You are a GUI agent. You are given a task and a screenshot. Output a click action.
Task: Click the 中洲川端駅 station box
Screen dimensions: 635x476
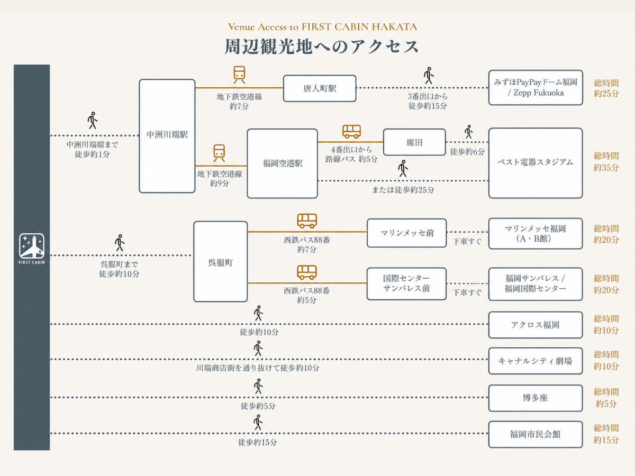(x=167, y=136)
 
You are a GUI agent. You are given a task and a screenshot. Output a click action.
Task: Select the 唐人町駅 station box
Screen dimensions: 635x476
(x=320, y=88)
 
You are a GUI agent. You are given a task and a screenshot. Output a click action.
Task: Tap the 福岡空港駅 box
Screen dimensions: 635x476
(x=283, y=163)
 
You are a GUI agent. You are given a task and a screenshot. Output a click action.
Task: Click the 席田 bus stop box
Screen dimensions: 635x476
(x=414, y=142)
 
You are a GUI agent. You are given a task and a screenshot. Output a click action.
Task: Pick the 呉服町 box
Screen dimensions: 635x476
(x=221, y=262)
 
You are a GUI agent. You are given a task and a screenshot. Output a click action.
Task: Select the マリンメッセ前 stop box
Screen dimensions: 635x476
(x=407, y=233)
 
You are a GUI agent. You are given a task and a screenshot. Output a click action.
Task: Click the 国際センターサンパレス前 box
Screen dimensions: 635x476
(x=406, y=284)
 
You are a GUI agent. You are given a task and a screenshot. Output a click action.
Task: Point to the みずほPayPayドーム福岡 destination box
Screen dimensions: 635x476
(x=536, y=88)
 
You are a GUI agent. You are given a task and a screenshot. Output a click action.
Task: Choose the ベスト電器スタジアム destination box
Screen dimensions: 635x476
(x=536, y=163)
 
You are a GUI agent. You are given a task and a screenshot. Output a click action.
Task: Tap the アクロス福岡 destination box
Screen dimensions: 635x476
(x=536, y=325)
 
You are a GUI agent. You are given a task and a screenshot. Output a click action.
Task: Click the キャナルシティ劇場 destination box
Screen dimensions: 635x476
(x=536, y=361)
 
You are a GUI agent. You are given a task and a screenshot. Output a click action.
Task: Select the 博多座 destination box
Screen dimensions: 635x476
(x=536, y=398)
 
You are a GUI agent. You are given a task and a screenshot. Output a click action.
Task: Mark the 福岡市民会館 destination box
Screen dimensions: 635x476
(x=536, y=434)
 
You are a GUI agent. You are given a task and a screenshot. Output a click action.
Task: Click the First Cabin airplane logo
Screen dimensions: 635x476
(x=32, y=246)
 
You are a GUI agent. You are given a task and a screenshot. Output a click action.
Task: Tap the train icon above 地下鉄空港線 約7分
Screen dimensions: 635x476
(x=239, y=75)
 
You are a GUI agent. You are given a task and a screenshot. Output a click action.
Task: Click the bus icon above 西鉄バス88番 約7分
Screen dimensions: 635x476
(x=307, y=221)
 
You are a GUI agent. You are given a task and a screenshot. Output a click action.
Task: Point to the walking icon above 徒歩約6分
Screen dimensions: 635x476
(x=468, y=132)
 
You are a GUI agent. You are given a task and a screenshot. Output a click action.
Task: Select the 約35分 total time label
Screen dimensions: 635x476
(x=606, y=167)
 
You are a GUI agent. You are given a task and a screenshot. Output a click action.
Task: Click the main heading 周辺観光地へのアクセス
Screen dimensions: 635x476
(x=322, y=47)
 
